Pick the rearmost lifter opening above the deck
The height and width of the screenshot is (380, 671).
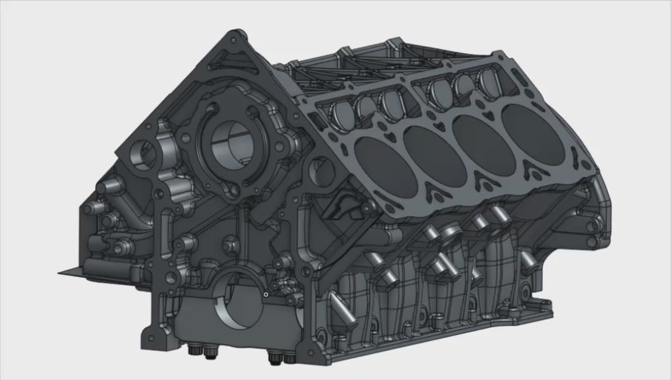pos(490,78)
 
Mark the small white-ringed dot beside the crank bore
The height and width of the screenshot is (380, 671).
pos(264,295)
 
